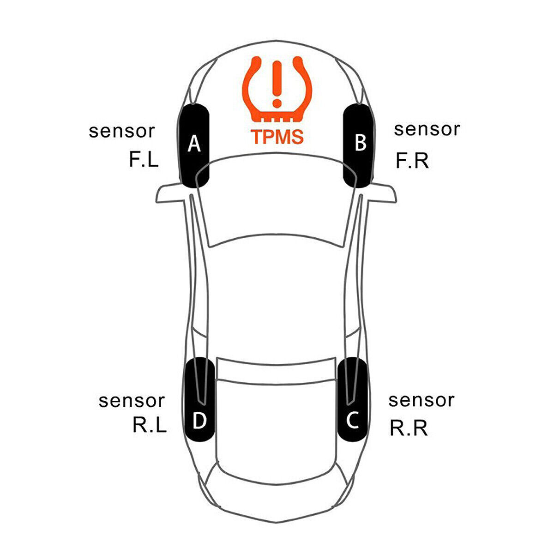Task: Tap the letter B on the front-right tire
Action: (x=360, y=143)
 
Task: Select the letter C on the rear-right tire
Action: (x=353, y=420)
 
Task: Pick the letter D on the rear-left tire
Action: (x=199, y=421)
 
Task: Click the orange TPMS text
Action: (x=277, y=137)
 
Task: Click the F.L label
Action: (x=144, y=160)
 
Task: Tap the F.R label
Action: (x=412, y=161)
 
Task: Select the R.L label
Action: (x=149, y=425)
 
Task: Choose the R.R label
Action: (x=409, y=428)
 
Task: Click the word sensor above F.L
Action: (x=122, y=131)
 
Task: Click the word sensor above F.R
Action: (x=427, y=129)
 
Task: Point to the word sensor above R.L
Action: (x=132, y=401)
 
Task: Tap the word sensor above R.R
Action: (x=421, y=400)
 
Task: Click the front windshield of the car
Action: (x=277, y=199)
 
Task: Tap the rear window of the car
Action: (x=276, y=369)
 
